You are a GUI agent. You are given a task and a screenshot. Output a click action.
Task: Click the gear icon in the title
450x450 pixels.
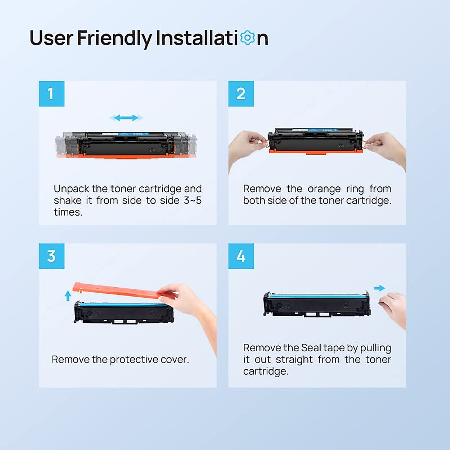247,37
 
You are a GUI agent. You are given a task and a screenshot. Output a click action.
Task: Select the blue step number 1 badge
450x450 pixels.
52,94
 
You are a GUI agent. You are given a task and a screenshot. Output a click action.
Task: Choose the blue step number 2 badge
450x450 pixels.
241,94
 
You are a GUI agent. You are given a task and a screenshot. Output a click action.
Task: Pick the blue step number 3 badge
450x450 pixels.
52,256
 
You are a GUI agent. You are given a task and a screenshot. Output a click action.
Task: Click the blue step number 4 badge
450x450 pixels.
241,256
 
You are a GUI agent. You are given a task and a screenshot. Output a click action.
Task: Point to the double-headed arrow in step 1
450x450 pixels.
126,118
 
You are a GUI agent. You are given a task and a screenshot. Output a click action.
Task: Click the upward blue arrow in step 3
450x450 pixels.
68,295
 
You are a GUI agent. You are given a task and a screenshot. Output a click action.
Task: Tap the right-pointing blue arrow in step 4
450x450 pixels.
379,288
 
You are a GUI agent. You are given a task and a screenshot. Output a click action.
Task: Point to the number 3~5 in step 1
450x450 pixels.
192,201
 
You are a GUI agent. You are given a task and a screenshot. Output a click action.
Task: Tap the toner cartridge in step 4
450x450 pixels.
317,305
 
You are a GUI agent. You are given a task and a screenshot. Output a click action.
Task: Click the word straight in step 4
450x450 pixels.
294,360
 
